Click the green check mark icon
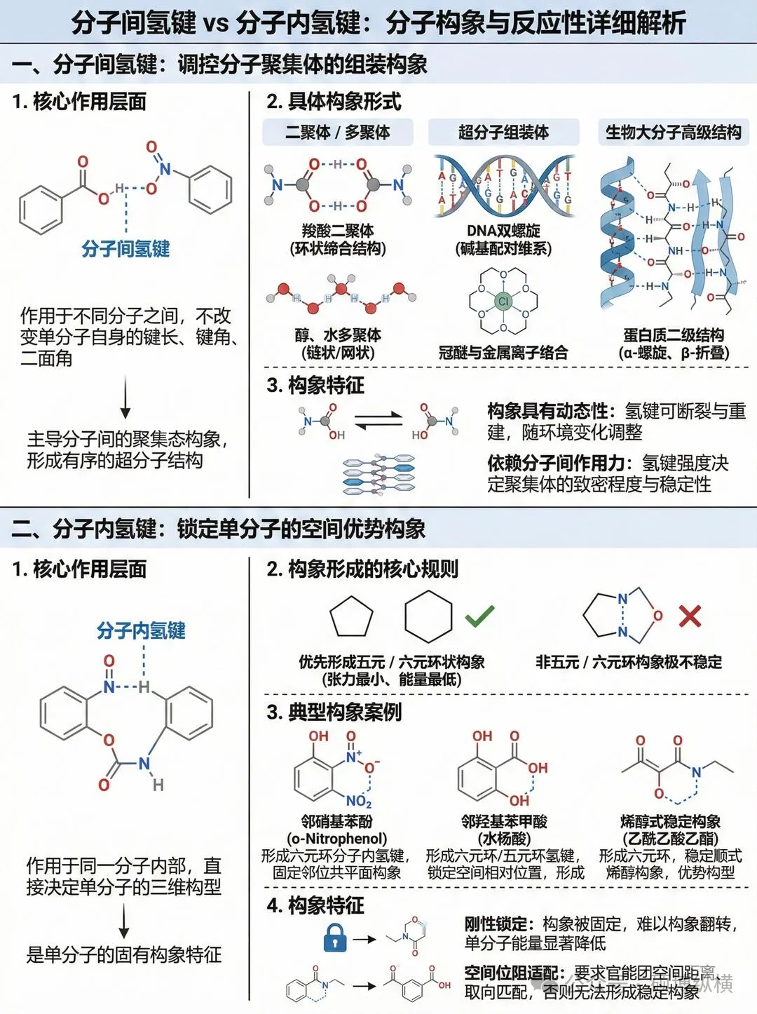tap(479, 616)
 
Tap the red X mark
tap(690, 616)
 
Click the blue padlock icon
tap(335, 937)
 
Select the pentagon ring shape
tap(351, 616)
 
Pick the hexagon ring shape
tap(428, 616)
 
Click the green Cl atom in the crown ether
tap(503, 302)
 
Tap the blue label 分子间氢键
tap(125, 248)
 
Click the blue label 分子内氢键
tap(141, 630)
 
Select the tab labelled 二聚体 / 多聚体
tap(338, 132)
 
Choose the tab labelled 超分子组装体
tap(503, 132)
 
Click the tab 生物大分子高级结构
tap(673, 132)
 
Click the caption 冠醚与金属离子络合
tap(503, 352)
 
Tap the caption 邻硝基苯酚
tap(336, 821)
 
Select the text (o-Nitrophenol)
tap(336, 839)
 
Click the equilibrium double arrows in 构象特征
tap(378, 421)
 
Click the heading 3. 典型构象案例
tap(334, 712)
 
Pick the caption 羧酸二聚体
tap(338, 231)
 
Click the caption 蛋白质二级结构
tap(673, 335)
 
